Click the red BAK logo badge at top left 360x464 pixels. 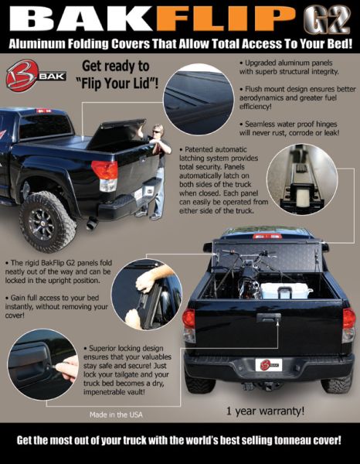[22, 76]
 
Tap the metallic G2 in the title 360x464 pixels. [326, 19]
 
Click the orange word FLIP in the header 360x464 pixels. [226, 19]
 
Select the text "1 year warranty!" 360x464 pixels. [265, 411]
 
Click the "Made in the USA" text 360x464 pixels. [116, 415]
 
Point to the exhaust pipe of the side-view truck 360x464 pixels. [92, 223]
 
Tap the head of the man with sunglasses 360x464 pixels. [158, 130]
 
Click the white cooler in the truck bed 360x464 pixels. [286, 291]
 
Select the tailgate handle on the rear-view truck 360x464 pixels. [269, 318]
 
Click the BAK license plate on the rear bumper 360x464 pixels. [269, 365]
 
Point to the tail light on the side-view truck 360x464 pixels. [105, 176]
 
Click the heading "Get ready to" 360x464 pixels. [116, 66]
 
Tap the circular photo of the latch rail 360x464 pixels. [302, 179]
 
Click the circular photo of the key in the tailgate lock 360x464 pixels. [43, 364]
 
